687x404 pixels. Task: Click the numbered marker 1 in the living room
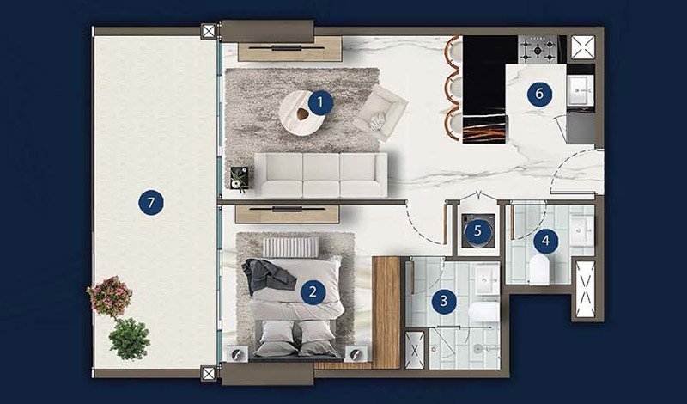[320, 103]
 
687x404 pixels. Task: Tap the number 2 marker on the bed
[313, 291]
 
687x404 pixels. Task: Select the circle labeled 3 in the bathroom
[443, 301]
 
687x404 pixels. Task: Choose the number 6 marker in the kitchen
[539, 94]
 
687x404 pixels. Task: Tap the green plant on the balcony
[129, 339]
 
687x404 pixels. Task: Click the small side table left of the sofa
[237, 178]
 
